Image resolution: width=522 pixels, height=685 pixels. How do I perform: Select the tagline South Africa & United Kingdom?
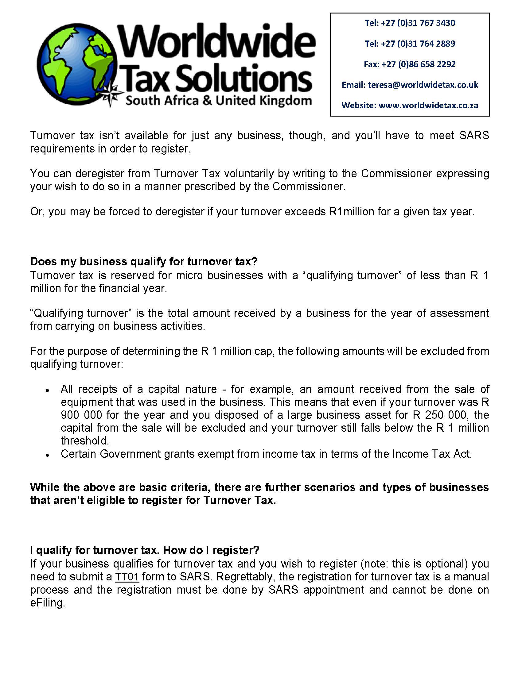pyautogui.click(x=218, y=101)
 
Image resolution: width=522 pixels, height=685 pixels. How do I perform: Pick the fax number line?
pyautogui.click(x=410, y=64)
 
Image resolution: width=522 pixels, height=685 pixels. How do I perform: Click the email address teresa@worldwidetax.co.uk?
pyautogui.click(x=423, y=85)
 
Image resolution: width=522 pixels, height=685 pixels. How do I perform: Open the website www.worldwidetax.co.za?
pyautogui.click(x=428, y=106)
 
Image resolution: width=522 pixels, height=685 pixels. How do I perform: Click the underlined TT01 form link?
pyautogui.click(x=127, y=577)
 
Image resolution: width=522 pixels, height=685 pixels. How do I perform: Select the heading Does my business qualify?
pyautogui.click(x=144, y=262)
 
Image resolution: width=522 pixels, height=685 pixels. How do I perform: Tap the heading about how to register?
pyautogui.click(x=145, y=550)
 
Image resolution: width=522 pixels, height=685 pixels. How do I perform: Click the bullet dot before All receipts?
pyautogui.click(x=47, y=391)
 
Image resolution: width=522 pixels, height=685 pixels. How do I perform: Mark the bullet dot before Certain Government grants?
pyautogui.click(x=47, y=455)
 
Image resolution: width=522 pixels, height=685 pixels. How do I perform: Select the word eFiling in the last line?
pyautogui.click(x=47, y=603)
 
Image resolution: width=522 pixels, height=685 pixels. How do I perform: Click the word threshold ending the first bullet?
pyautogui.click(x=84, y=441)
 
